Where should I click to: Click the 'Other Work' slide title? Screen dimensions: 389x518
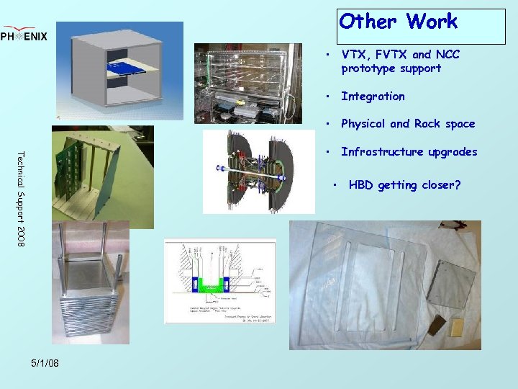(398, 22)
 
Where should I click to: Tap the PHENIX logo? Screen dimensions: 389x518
(24, 35)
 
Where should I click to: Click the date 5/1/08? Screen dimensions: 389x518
(45, 363)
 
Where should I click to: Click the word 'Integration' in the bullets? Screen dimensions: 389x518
(373, 97)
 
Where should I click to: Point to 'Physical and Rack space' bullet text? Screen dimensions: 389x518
(408, 124)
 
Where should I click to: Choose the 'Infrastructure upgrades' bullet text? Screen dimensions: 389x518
(409, 152)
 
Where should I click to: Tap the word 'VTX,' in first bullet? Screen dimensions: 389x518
(355, 54)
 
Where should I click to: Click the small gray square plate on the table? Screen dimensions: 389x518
(450, 284)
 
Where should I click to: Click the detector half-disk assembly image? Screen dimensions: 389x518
(258, 172)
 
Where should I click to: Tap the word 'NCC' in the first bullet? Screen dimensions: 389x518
(445, 54)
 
